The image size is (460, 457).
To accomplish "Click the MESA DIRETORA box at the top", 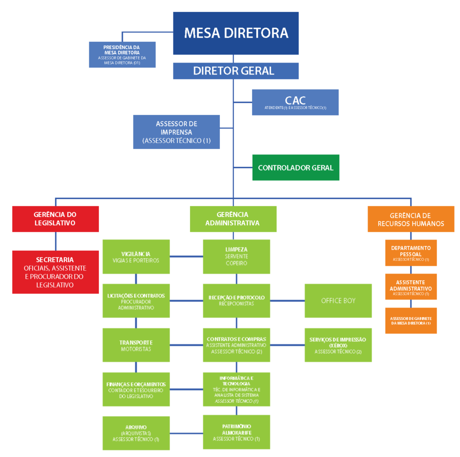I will (x=236, y=33).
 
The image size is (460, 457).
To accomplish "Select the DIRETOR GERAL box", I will (x=236, y=71).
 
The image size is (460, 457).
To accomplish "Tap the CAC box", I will (x=295, y=102).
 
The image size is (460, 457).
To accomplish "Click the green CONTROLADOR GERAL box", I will (x=295, y=167).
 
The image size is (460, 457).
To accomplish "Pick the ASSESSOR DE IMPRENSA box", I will (x=176, y=132).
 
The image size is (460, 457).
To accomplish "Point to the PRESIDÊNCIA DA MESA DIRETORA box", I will (x=122, y=55).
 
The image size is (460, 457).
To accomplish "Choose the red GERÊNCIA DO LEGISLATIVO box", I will (x=55, y=219).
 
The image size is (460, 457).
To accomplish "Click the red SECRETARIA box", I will (x=55, y=272).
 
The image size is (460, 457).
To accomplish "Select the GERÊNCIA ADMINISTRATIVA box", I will (x=233, y=219).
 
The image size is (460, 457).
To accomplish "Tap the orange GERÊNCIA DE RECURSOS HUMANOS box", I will (x=410, y=219).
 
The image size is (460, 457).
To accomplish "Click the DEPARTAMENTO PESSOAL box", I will (x=410, y=252).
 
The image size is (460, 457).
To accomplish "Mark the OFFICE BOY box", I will (x=338, y=301).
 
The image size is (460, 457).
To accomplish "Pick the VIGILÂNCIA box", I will (x=136, y=257).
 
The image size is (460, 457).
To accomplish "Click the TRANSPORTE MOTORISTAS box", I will (x=136, y=345).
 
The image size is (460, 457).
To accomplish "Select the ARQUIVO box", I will (x=136, y=433).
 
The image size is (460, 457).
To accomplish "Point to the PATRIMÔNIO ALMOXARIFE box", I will (x=236, y=432).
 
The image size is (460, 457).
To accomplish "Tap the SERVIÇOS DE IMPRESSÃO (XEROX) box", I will (x=338, y=345).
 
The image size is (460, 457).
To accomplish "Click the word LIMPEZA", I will (x=236, y=250).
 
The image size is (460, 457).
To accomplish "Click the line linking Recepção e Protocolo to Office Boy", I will (x=287, y=301).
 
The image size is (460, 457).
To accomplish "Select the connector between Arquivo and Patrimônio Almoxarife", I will (x=186, y=433).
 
